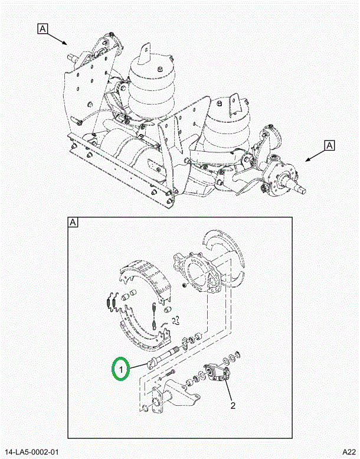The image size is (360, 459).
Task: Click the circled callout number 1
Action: point(120,370)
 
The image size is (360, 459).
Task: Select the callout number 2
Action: point(233,406)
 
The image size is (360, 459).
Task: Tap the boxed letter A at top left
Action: point(44,28)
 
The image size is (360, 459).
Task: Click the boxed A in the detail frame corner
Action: point(74,223)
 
